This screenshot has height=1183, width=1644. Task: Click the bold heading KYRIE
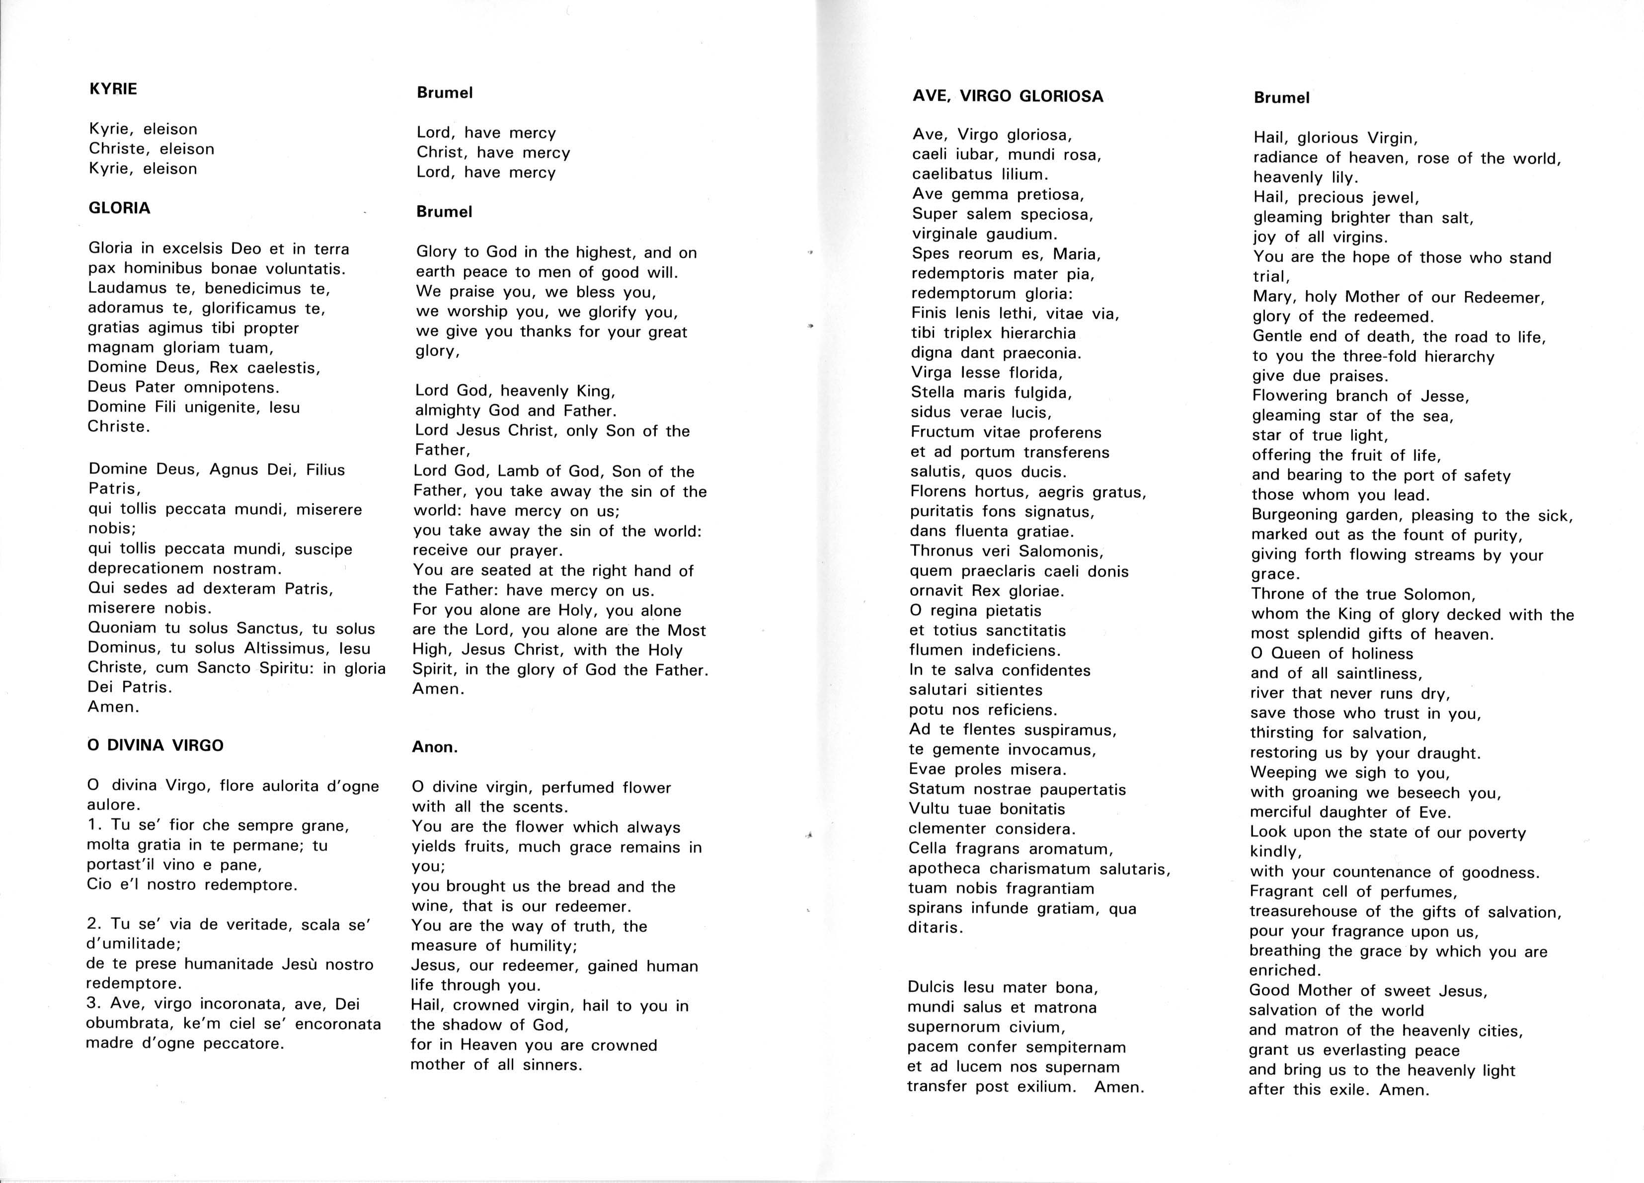click(113, 89)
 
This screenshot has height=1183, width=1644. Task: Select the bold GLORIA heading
click(120, 208)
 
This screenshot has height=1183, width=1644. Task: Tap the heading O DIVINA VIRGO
click(155, 745)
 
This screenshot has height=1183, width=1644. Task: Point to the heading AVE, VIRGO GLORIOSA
click(1008, 96)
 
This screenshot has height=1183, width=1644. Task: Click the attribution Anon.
click(435, 747)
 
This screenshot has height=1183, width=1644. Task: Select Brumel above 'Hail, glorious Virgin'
click(1282, 98)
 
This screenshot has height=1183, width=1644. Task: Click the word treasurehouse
click(1310, 912)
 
